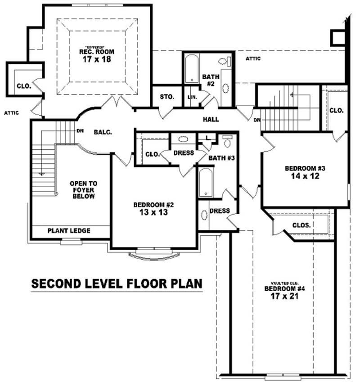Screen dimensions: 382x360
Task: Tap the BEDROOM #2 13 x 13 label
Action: [153, 209]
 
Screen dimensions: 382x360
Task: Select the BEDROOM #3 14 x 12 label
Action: [305, 172]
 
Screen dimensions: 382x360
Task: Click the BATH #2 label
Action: [210, 80]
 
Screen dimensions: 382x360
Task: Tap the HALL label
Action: [211, 119]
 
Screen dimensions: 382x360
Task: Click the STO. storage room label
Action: [167, 97]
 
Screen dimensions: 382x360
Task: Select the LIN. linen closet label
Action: [193, 97]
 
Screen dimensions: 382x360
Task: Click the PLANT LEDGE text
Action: [69, 231]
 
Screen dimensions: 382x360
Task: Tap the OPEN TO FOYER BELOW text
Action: [83, 190]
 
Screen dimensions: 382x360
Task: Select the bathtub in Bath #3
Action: [206, 182]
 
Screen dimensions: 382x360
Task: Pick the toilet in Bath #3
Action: [227, 142]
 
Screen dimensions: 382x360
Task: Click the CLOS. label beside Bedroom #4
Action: [301, 225]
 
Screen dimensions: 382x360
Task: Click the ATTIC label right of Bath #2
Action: [254, 59]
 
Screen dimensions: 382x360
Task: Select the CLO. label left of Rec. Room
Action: [24, 86]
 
